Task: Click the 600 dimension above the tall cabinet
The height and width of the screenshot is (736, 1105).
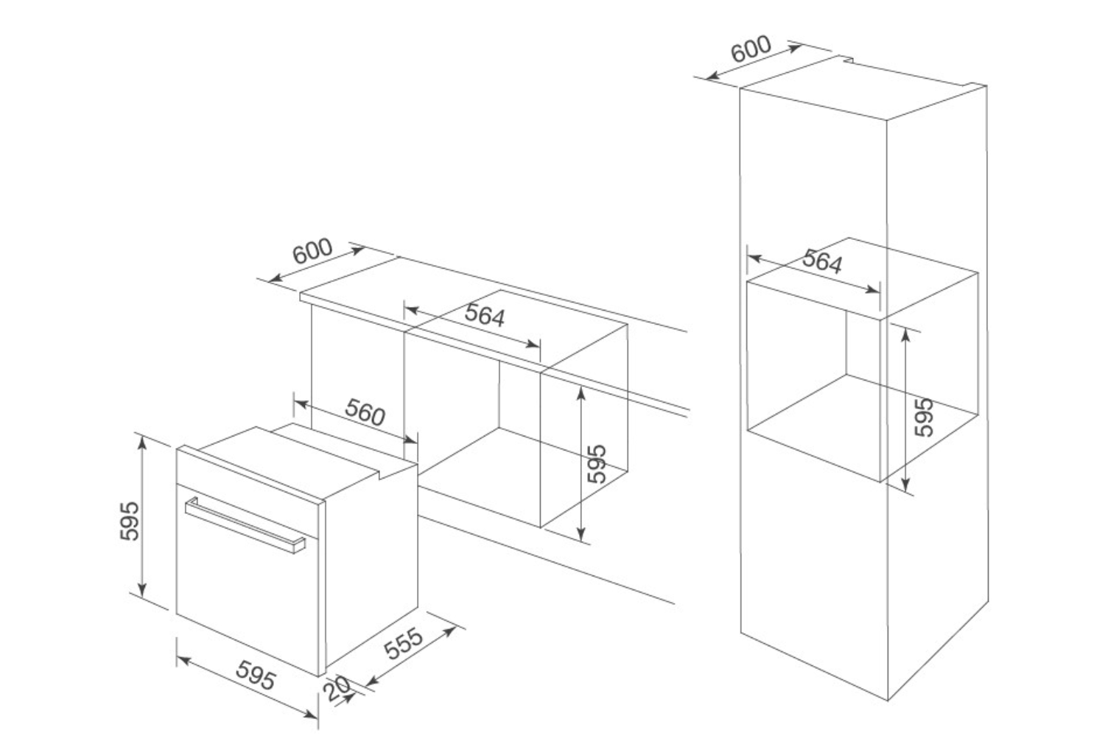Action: (x=751, y=49)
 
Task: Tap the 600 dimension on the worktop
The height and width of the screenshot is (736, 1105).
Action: (x=313, y=251)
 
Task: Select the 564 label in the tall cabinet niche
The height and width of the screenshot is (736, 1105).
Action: (x=822, y=261)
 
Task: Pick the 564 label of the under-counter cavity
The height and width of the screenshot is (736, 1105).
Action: (x=485, y=315)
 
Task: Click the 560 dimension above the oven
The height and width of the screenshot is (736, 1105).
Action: (x=365, y=412)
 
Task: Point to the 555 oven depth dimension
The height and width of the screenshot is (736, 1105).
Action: (x=404, y=643)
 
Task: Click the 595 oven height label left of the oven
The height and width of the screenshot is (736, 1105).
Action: (x=130, y=521)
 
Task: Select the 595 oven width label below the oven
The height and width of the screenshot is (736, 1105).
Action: (x=256, y=675)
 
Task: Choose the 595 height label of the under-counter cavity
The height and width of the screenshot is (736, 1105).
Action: (x=597, y=464)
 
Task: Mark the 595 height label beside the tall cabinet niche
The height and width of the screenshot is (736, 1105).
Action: (x=924, y=417)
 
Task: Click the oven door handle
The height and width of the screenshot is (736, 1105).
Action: (x=245, y=525)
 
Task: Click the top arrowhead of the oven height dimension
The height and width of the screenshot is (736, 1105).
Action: (x=142, y=443)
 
